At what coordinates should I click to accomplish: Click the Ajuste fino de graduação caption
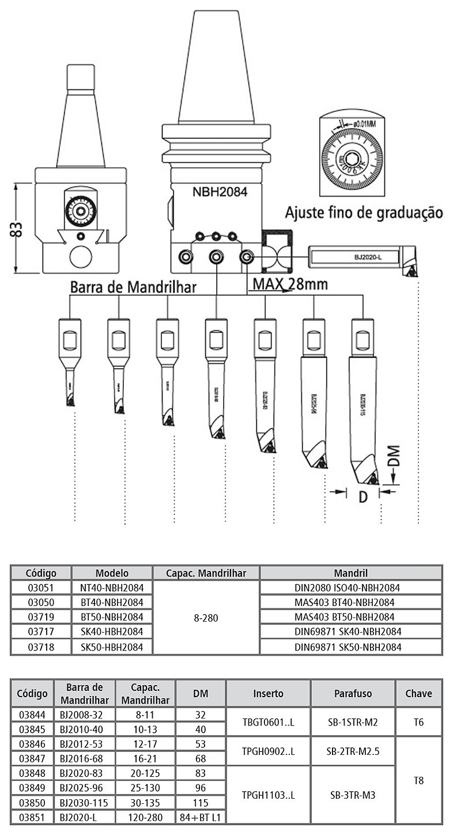click(x=364, y=212)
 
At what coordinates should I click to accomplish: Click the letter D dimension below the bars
click(x=363, y=495)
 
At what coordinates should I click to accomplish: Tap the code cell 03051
click(x=41, y=588)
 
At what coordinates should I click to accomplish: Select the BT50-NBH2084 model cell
click(x=112, y=618)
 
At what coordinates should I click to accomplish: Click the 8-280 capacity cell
click(x=206, y=618)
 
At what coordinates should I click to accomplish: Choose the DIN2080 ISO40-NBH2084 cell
click(x=351, y=588)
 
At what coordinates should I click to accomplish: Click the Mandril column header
click(x=351, y=573)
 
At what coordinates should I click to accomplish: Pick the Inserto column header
click(x=268, y=693)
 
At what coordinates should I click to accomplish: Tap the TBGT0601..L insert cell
click(x=268, y=722)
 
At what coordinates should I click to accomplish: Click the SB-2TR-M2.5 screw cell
click(x=353, y=751)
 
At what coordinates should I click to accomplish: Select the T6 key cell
click(x=418, y=722)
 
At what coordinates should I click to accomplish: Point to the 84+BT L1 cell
click(x=201, y=817)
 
